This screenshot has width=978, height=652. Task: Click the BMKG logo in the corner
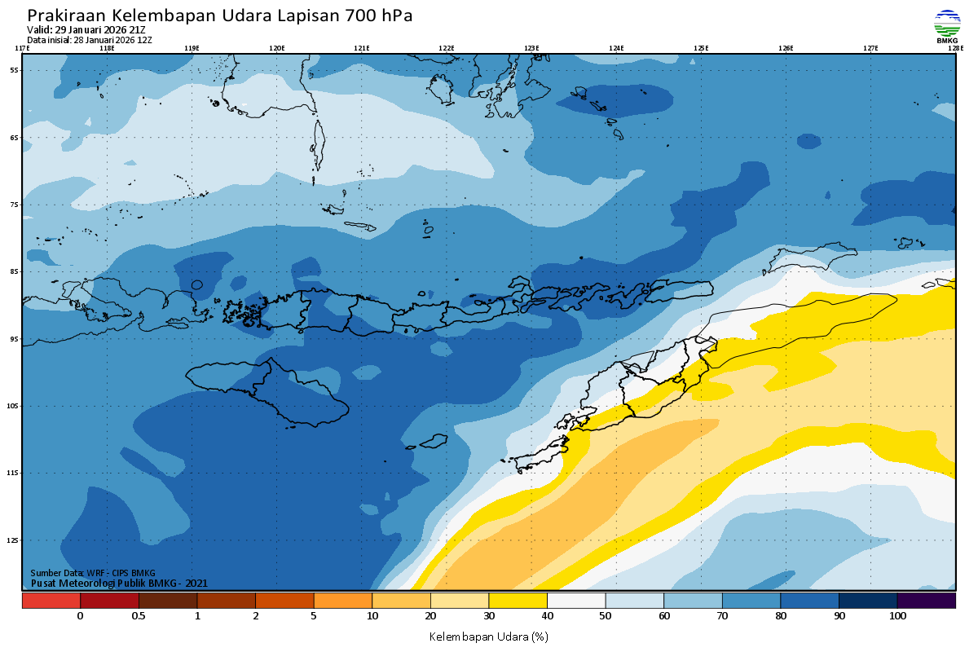coord(946,26)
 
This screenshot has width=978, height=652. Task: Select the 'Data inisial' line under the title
coord(90,40)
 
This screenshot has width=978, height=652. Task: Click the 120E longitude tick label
coord(277,48)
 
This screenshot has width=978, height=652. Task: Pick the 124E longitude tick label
coord(616,48)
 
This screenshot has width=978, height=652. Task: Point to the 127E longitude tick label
coord(870,48)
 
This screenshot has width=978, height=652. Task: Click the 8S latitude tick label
coord(15,271)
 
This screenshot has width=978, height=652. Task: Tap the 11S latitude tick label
coord(15,473)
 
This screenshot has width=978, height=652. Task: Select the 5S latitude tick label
coord(15,70)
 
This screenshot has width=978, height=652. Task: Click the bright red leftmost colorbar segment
coord(51,601)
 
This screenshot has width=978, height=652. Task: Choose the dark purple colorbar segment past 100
coord(927,601)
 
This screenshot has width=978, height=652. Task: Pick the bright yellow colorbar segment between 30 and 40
coord(518,601)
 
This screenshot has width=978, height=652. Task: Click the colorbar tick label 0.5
coord(139,616)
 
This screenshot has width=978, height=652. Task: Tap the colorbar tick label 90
coord(839,616)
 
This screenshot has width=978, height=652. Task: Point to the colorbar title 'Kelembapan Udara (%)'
coord(488,636)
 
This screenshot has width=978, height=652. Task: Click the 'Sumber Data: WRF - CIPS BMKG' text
coord(93,573)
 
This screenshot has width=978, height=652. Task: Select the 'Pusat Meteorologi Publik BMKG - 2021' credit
coord(119,583)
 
